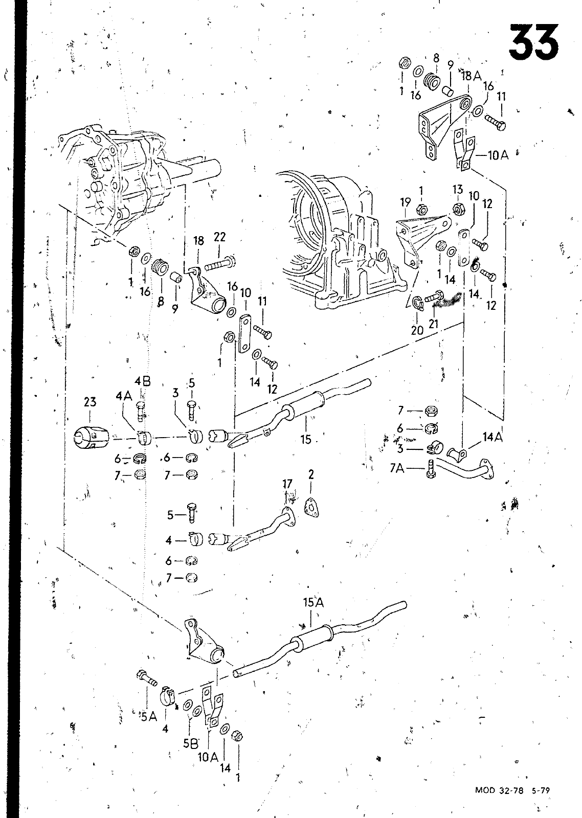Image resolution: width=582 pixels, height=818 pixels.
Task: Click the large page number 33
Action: (x=534, y=42)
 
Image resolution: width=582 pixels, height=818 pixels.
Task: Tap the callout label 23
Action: (x=90, y=402)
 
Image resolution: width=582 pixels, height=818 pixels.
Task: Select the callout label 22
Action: (x=219, y=237)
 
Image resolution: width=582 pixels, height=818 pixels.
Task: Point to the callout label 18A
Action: (x=472, y=76)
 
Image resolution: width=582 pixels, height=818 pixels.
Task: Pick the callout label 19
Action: (x=405, y=202)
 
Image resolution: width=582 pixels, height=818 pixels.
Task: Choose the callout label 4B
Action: (x=143, y=381)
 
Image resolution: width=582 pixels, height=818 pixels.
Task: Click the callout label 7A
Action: (x=397, y=468)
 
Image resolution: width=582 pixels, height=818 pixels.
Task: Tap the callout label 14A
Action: (x=493, y=437)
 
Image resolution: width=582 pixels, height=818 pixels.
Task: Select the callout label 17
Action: (x=287, y=484)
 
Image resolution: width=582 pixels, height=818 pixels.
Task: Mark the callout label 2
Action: (x=311, y=474)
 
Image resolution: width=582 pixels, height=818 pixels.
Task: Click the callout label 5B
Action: (x=190, y=743)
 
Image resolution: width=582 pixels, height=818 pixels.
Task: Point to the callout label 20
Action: (x=417, y=330)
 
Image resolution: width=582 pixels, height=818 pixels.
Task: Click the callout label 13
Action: (x=457, y=189)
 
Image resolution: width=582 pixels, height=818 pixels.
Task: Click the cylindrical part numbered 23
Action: (x=91, y=437)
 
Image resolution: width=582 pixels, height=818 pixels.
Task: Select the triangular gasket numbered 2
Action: (x=311, y=507)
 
